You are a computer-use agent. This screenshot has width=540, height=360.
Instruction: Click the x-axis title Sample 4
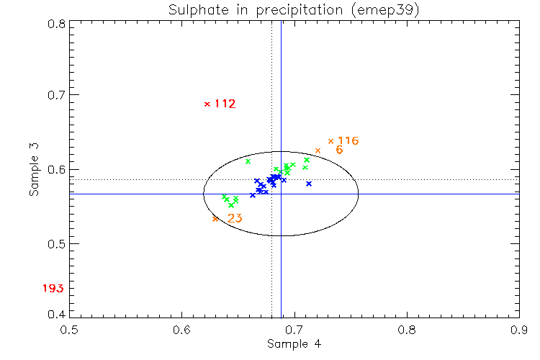294,343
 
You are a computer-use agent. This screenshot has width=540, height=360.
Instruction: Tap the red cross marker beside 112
207,104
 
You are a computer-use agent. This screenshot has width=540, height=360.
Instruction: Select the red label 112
225,104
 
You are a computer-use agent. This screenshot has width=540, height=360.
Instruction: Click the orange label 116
348,140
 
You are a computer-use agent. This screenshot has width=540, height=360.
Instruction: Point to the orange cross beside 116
330,141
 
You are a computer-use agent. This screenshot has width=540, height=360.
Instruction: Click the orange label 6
339,150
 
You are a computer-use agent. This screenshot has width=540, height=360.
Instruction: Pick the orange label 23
235,218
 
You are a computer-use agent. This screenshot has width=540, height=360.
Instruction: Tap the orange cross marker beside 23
215,219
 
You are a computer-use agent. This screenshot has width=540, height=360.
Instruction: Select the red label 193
53,289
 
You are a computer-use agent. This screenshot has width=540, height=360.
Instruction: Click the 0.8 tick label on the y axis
57,23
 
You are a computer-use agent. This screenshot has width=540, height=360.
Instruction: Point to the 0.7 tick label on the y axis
57,94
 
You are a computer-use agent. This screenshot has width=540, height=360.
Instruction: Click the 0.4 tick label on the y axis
57,314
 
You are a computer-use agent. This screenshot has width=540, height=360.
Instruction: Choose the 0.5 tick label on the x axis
70,329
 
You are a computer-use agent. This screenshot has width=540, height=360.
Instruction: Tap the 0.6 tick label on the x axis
182,329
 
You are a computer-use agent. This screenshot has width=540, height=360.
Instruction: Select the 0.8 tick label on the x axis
407,329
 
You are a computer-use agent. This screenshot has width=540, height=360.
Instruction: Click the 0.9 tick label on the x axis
519,329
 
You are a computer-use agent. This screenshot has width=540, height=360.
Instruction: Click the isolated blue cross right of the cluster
309,184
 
